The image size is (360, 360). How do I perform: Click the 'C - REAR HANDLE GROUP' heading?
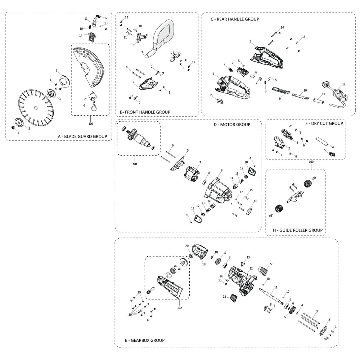point(235,19)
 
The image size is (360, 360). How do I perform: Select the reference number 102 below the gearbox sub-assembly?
point(180,308)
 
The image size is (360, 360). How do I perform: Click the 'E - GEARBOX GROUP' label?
point(144,340)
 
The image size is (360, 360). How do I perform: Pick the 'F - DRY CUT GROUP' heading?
point(324,123)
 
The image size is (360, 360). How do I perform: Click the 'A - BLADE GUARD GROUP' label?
point(82,136)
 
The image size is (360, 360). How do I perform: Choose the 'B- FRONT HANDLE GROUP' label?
point(145,112)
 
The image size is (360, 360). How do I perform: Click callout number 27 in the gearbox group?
point(271,264)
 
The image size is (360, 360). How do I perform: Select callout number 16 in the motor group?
point(256,201)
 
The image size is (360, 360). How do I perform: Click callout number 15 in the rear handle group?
point(211,95)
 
